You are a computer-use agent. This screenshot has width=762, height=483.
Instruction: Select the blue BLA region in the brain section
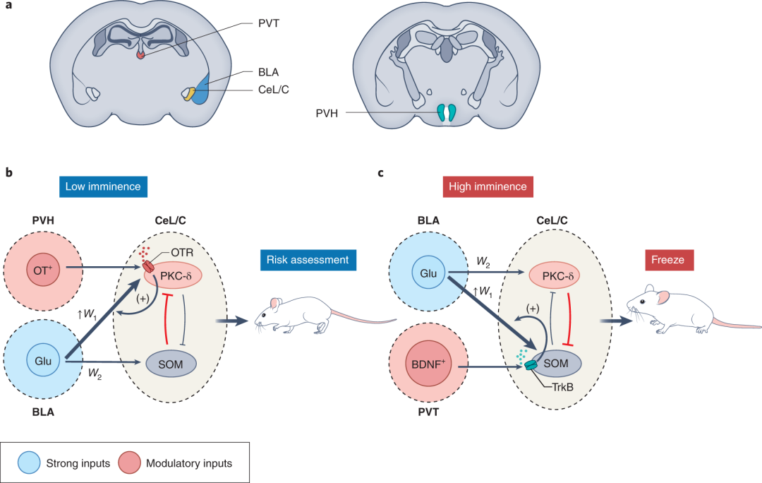coord(201,90)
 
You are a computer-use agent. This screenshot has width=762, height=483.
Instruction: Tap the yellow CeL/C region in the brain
coord(188,94)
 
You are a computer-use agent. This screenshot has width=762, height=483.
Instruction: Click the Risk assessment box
coord(307,260)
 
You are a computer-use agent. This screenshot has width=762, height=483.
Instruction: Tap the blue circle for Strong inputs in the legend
coord(31,463)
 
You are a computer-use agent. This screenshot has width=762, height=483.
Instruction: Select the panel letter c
coord(381,172)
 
